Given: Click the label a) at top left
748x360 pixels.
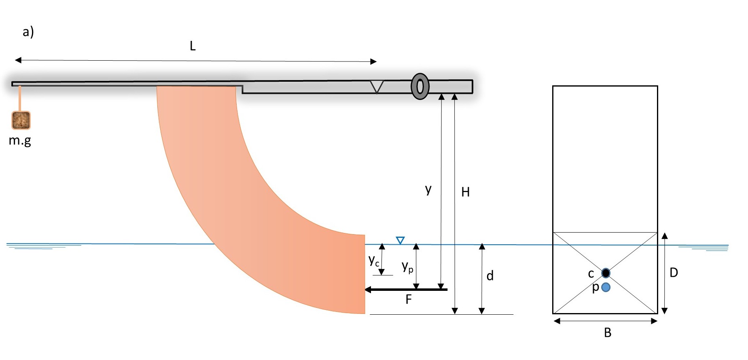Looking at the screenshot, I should tap(28, 32).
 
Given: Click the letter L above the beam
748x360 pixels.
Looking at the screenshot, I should tap(193, 46).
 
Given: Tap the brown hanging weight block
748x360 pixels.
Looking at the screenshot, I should tap(21, 120).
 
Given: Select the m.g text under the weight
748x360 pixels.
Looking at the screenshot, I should tap(20, 140).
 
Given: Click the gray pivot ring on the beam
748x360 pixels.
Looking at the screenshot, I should tap(420, 87).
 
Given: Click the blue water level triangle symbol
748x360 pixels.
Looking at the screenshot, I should tap(400, 240).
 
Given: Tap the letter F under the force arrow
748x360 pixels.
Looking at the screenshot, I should tap(409, 299).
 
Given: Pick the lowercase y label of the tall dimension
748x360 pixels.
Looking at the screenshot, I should tap(428, 189).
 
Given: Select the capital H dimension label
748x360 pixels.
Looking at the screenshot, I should tap(466, 192).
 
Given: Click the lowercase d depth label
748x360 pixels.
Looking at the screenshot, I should tap(490, 276).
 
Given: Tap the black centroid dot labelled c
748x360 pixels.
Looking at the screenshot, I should tap(606, 273).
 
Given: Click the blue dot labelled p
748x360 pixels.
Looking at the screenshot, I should tap(606, 287).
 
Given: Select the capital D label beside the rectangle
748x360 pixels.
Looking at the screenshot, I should tap(674, 273).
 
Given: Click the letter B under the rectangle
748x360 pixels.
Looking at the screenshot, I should tap(607, 332).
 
